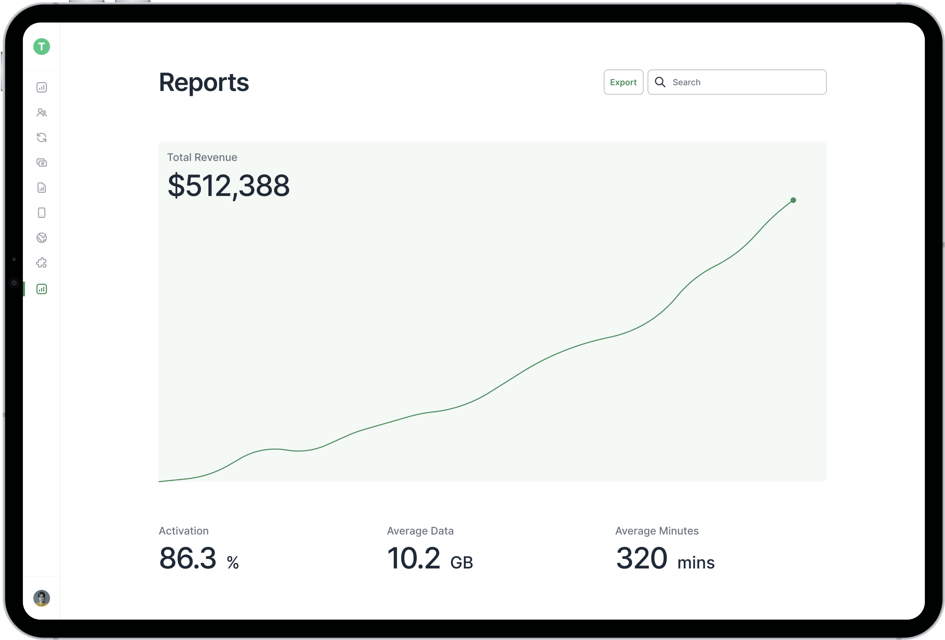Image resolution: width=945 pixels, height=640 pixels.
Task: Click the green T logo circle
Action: (41, 47)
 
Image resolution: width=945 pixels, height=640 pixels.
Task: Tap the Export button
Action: (623, 82)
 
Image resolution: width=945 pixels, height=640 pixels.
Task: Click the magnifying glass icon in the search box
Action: (660, 82)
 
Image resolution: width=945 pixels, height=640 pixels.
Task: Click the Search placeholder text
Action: (686, 82)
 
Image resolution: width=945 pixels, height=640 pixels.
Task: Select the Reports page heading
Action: (204, 82)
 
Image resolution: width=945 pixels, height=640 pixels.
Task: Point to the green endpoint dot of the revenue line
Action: (793, 200)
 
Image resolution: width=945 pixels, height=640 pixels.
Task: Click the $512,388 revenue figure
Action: (229, 186)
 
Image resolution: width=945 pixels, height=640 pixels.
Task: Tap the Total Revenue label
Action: (202, 158)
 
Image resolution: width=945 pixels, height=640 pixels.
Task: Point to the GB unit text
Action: (462, 563)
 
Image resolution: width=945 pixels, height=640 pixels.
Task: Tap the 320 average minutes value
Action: (641, 558)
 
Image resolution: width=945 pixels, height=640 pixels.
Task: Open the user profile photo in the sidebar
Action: (41, 598)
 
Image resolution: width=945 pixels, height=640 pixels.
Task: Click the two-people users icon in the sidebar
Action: (41, 113)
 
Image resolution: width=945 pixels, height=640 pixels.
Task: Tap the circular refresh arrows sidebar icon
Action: (41, 138)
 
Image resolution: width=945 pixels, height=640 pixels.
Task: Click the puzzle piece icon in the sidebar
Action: (41, 263)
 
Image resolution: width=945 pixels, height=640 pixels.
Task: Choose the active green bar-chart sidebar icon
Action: (41, 289)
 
